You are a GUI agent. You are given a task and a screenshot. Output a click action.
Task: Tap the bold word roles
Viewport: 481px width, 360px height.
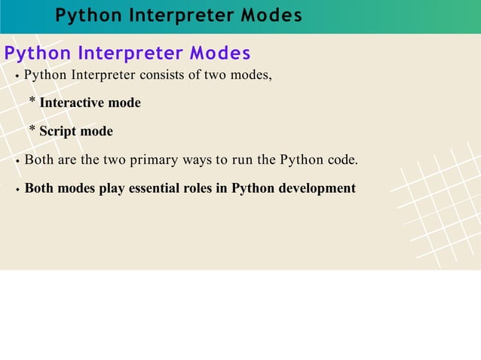pos(198,188)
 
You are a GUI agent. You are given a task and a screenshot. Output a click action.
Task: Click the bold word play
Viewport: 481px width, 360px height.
pos(112,188)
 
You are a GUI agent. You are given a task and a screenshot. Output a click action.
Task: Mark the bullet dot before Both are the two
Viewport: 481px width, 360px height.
pos(17,161)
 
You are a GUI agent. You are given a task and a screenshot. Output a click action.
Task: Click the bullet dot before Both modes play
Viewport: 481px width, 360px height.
pos(17,190)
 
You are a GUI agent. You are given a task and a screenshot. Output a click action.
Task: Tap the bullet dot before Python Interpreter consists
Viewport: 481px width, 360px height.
pos(17,76)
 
